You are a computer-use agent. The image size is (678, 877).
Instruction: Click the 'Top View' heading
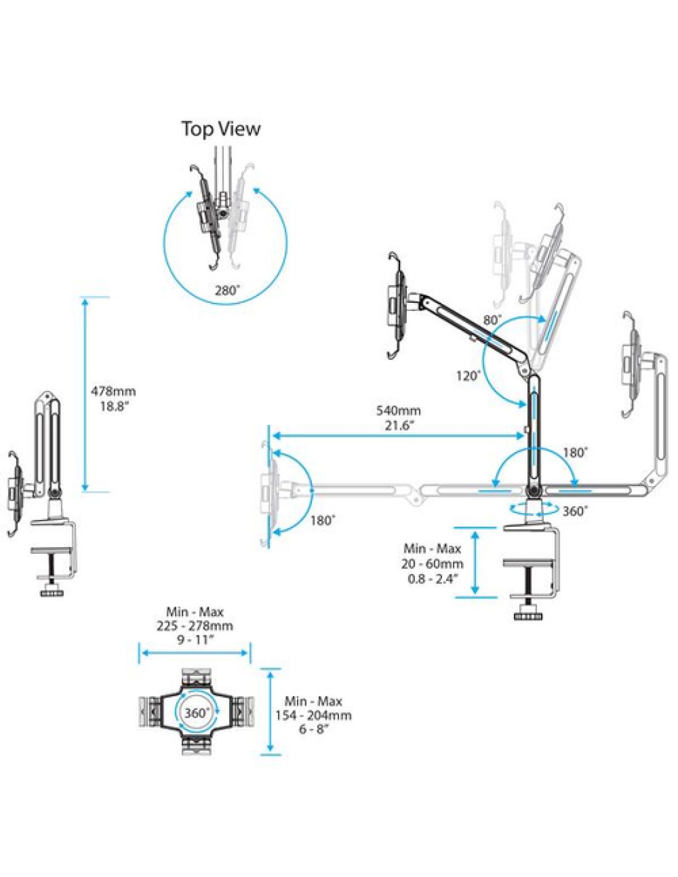[x=220, y=128]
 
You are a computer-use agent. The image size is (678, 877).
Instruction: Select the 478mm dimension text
[x=113, y=390]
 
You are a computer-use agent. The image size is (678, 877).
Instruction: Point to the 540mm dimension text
[x=399, y=410]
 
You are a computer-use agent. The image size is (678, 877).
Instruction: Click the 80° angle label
[x=492, y=320]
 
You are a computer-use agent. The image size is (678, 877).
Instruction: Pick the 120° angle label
[x=469, y=375]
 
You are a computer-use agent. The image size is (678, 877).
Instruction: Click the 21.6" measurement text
[x=399, y=425]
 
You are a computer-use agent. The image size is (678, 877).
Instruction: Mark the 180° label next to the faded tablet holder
[x=322, y=519]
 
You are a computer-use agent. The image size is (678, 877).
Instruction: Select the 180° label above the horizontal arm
[x=575, y=452]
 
